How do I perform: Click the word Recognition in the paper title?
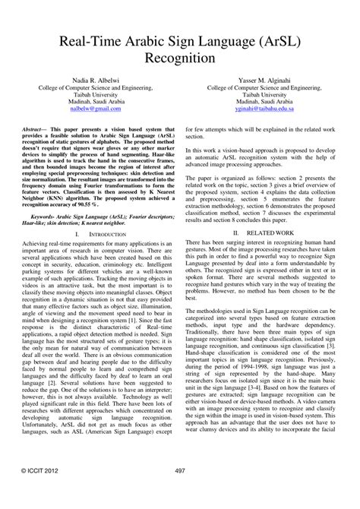[x=180, y=57]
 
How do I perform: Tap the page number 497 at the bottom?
[x=180, y=492]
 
